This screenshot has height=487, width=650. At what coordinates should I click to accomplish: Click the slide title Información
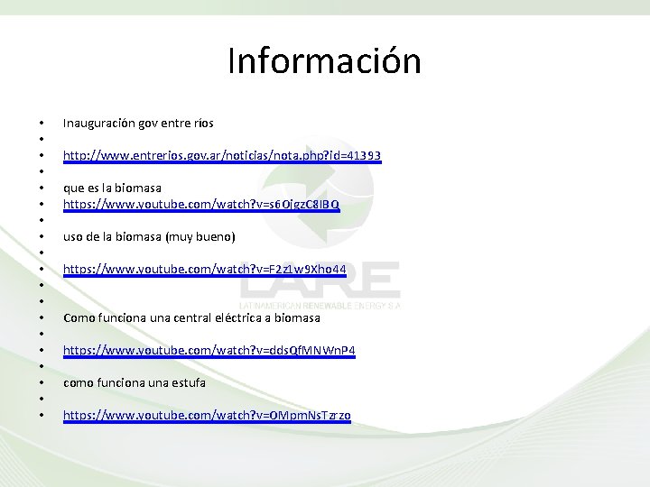324,61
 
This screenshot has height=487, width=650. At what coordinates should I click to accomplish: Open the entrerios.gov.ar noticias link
221,156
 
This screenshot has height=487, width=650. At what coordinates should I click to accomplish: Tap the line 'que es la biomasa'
112,188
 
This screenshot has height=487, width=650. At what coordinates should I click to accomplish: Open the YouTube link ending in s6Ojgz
200,205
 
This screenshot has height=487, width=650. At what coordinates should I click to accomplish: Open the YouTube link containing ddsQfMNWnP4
209,350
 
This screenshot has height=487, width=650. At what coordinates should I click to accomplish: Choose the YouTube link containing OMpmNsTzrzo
207,415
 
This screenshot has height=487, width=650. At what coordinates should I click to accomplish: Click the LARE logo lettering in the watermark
320,280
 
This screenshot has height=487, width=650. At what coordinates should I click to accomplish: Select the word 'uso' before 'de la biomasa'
72,236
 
